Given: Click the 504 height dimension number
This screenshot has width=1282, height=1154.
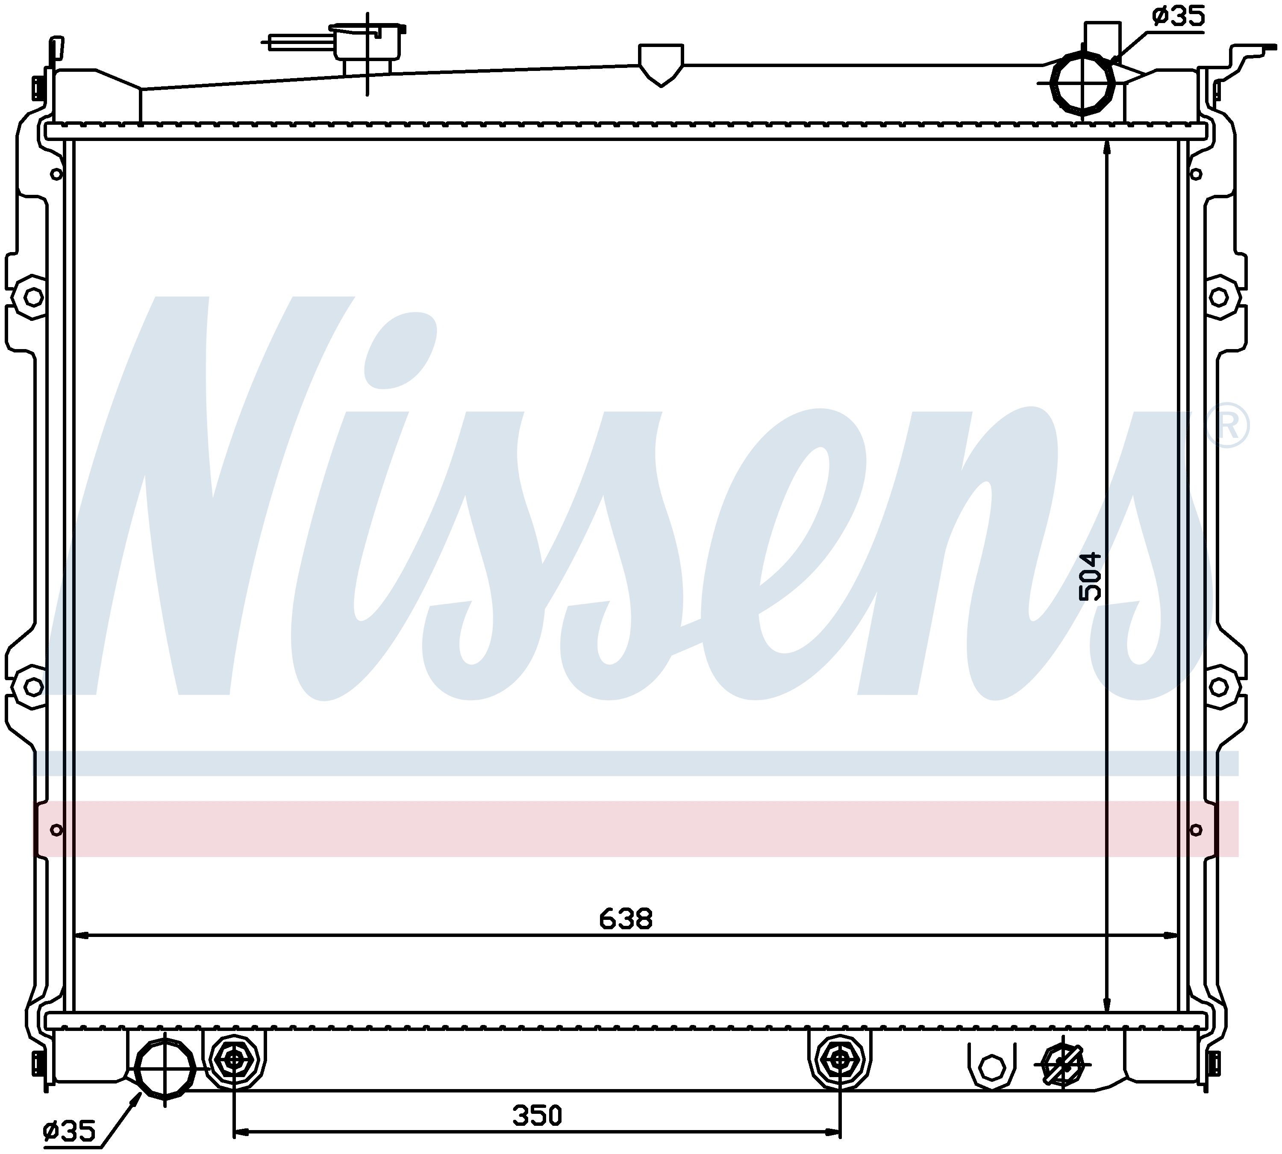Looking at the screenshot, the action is pyautogui.click(x=1091, y=577).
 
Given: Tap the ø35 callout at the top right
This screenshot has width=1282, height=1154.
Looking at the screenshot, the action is pyautogui.click(x=1178, y=17).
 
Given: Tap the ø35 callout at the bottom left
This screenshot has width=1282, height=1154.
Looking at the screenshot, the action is pyautogui.click(x=69, y=1131).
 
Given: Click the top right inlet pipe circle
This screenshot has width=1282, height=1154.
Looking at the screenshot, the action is pyautogui.click(x=1082, y=82).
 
